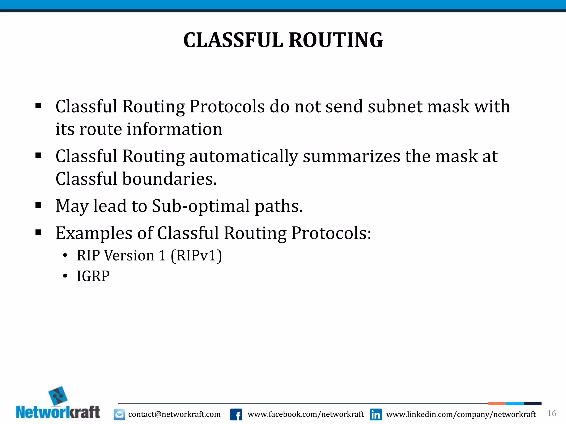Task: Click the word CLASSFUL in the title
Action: pyautogui.click(x=233, y=40)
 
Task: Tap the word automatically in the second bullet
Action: pyautogui.click(x=243, y=157)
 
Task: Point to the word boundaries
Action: pyautogui.click(x=169, y=179)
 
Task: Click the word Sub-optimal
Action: pyautogui.click(x=201, y=206)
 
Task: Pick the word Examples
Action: pyautogui.click(x=94, y=233)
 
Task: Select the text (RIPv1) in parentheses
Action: pyautogui.click(x=196, y=255)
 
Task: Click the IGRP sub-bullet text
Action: pyautogui.click(x=93, y=276)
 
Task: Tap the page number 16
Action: pyautogui.click(x=551, y=413)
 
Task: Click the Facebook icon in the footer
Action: pyautogui.click(x=236, y=414)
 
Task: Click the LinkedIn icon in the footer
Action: pyautogui.click(x=376, y=414)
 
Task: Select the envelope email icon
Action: pyautogui.click(x=119, y=414)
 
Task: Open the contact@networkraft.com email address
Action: pyautogui.click(x=174, y=414)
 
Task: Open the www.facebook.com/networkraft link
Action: pyautogui.click(x=306, y=414)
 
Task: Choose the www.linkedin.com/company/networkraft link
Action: pyautogui.click(x=461, y=414)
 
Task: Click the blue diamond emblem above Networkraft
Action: pyautogui.click(x=58, y=396)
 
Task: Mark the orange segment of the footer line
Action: pyautogui.click(x=497, y=404)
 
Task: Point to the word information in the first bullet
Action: pyautogui.click(x=174, y=129)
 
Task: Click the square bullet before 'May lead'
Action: pyautogui.click(x=38, y=205)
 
